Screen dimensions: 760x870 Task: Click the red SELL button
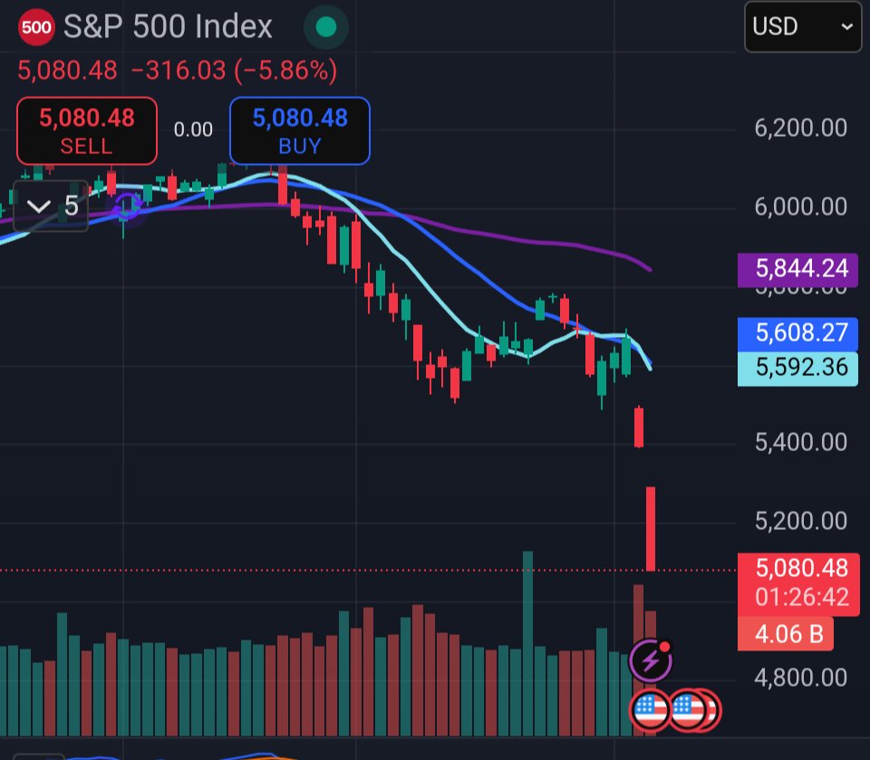[86, 130]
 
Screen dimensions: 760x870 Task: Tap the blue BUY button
[299, 130]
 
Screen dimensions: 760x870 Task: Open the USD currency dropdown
[803, 26]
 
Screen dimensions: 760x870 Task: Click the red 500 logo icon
[36, 27]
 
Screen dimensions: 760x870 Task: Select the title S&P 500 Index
[168, 27]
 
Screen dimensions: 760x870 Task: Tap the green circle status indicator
[325, 27]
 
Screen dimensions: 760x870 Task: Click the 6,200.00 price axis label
[800, 128]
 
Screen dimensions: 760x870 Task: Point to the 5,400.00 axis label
[800, 442]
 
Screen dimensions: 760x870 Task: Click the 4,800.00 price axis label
[800, 678]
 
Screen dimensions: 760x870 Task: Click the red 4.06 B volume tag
[786, 634]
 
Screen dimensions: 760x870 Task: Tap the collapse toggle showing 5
[52, 207]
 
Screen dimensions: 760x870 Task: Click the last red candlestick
[651, 528]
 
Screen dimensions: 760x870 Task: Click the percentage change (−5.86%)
[285, 70]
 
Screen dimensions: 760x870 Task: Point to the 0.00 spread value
[193, 130]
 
